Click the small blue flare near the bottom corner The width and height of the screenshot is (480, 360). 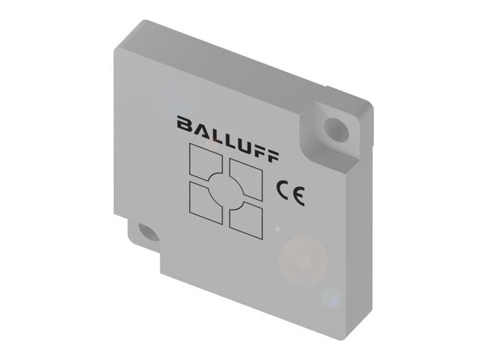tap(330, 297)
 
